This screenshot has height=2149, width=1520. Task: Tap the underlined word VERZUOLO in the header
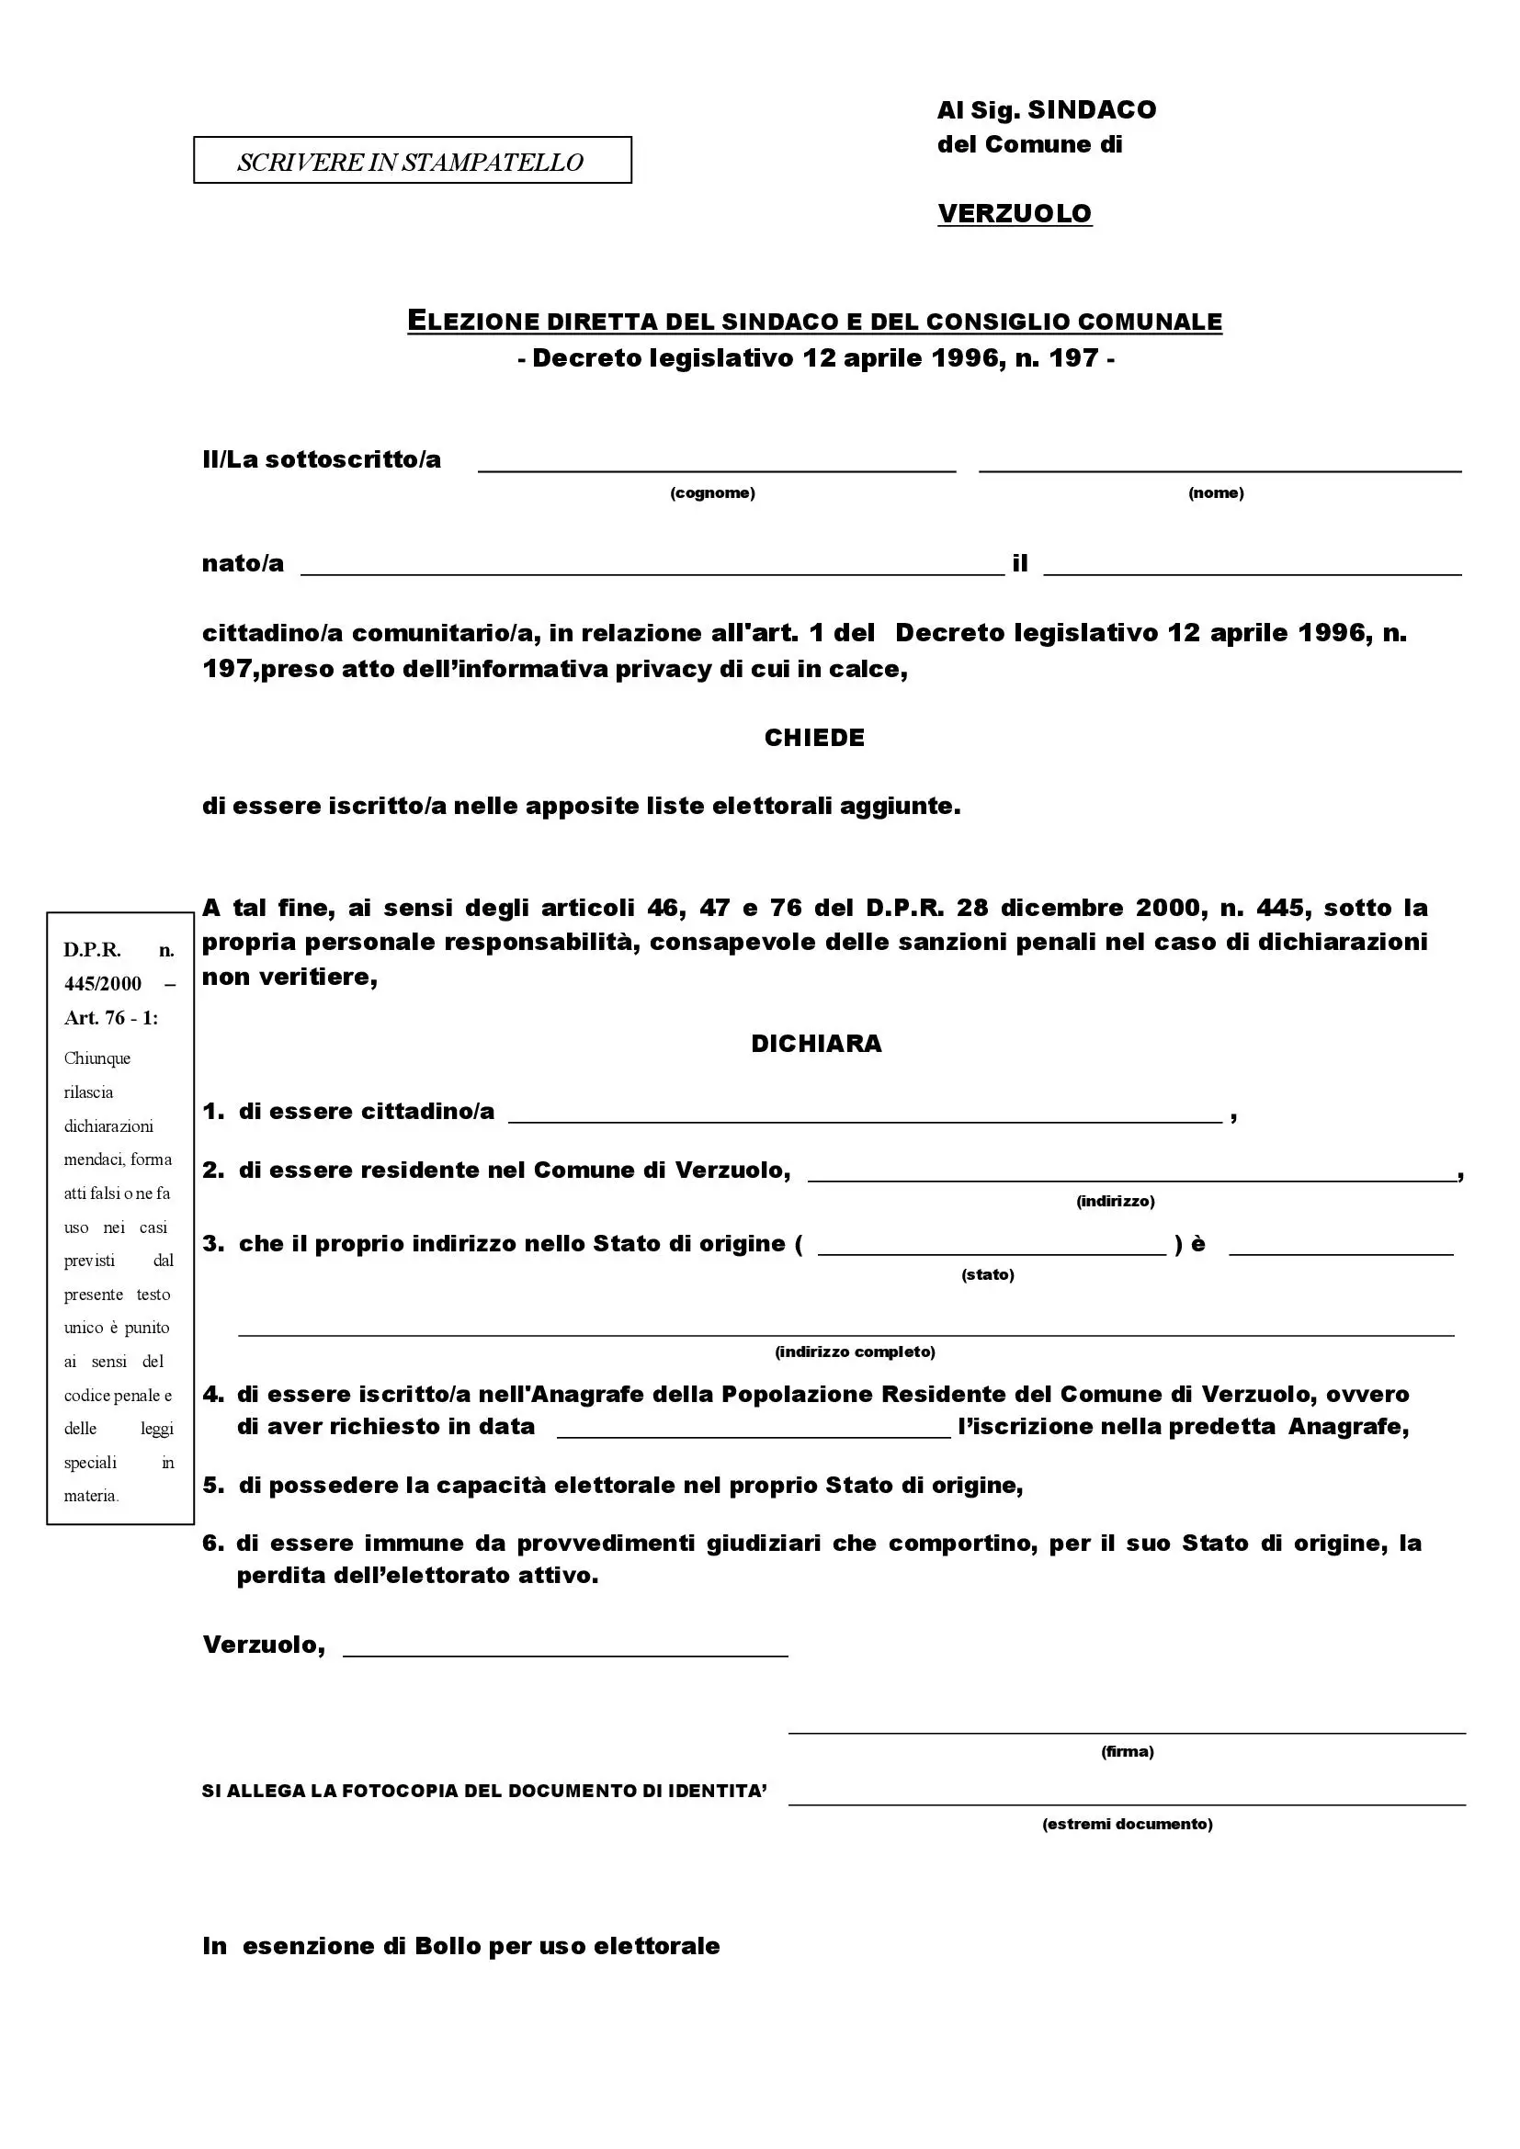pyautogui.click(x=1015, y=213)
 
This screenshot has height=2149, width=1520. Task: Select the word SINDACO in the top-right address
pyautogui.click(x=1093, y=110)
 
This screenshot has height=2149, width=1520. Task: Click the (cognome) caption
pyautogui.click(x=712, y=493)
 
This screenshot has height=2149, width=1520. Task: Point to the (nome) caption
pyautogui.click(x=1216, y=493)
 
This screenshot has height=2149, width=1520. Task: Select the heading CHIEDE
pyautogui.click(x=814, y=738)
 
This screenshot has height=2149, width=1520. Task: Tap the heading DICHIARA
pyautogui.click(x=816, y=1044)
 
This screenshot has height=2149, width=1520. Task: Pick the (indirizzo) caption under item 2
pyautogui.click(x=1115, y=1201)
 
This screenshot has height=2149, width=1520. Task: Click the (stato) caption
pyautogui.click(x=987, y=1275)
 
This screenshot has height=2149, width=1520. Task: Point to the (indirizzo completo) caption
pyautogui.click(x=855, y=1352)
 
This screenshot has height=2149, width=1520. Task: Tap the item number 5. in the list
pyautogui.click(x=213, y=1486)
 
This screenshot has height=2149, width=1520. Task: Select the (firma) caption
pyautogui.click(x=1127, y=1751)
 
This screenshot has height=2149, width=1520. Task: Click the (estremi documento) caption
pyautogui.click(x=1127, y=1823)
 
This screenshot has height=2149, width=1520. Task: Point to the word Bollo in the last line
pyautogui.click(x=448, y=1946)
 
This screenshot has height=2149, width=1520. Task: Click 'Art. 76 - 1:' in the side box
pyautogui.click(x=111, y=1018)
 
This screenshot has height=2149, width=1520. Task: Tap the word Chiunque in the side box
pyautogui.click(x=97, y=1058)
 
